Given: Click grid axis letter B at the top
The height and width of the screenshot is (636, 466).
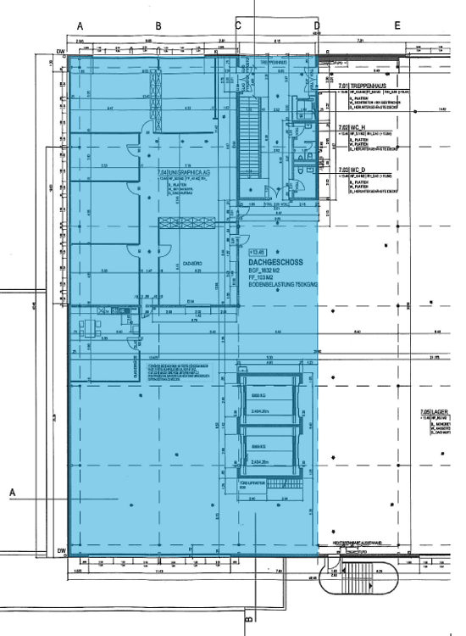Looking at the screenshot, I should pos(158,25).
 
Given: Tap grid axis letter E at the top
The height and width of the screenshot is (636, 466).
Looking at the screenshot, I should pos(397,25).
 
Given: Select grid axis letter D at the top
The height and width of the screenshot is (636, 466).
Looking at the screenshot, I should pos(317,25).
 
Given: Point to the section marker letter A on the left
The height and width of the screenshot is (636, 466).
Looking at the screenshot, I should pos(13,492).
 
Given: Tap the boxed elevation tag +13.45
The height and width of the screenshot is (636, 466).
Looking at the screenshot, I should pos(257,252).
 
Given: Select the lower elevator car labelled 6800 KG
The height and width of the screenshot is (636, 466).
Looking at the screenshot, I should pos(268,449).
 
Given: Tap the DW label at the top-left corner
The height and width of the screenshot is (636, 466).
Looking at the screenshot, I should pos(61,52).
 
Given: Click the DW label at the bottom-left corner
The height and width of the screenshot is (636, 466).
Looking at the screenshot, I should pos(61,552).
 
